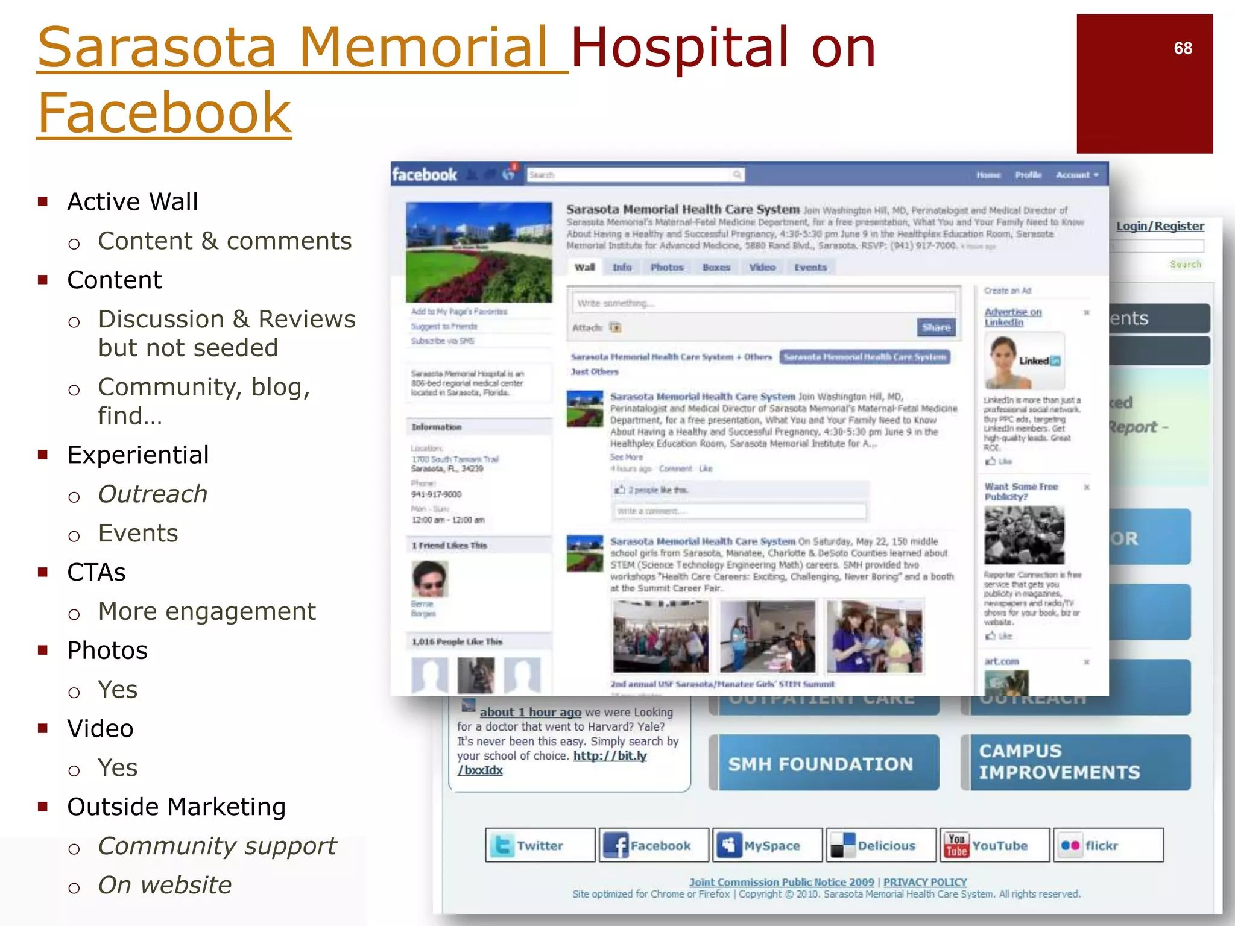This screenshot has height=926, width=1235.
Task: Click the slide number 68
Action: [1183, 48]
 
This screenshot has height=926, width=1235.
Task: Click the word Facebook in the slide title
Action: [165, 113]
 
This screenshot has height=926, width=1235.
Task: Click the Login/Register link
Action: [1160, 226]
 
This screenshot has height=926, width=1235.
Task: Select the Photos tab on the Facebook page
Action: [666, 267]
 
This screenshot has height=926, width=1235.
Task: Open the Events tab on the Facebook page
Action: [810, 267]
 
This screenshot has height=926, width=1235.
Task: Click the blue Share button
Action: [936, 327]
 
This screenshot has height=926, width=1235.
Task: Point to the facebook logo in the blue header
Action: [425, 175]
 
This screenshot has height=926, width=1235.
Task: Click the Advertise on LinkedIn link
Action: [1012, 317]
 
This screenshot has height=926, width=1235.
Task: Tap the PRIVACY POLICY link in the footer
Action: [924, 881]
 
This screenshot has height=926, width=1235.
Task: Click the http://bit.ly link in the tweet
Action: [609, 756]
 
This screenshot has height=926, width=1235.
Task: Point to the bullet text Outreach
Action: [153, 494]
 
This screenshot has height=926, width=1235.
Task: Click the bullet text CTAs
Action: [96, 572]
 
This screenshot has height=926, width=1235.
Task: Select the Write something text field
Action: [763, 303]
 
